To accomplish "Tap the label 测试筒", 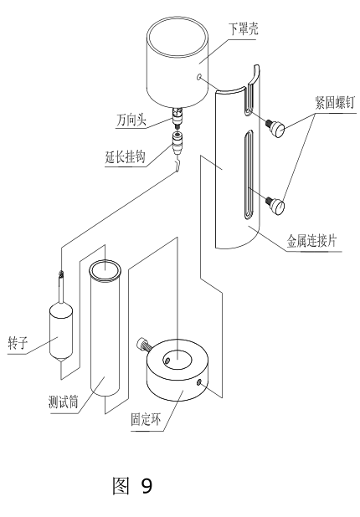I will point(64,400).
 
